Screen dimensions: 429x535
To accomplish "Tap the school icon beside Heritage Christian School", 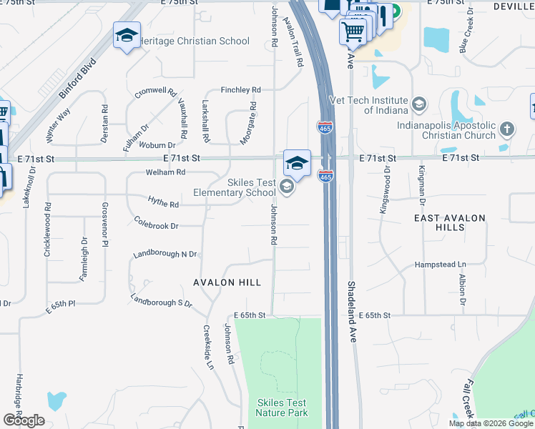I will [x=127, y=36].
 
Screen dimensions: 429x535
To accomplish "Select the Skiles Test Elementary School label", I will [x=235, y=187].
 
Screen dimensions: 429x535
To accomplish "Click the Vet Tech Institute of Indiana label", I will [x=368, y=105].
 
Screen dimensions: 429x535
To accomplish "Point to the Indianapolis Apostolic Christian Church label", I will [x=447, y=130].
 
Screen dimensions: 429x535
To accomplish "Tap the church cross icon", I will [x=506, y=129].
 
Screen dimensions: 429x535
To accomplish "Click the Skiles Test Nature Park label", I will [x=281, y=408].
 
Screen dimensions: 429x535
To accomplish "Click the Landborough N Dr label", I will [x=165, y=255].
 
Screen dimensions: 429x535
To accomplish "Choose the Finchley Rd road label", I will [x=240, y=90].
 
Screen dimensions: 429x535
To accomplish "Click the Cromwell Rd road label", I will [x=155, y=92].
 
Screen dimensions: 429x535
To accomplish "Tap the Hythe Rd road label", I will [x=162, y=202].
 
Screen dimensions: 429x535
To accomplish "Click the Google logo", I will [x=24, y=420].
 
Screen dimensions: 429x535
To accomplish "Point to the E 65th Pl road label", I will [x=61, y=304].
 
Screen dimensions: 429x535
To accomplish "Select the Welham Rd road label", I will [x=165, y=172].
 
